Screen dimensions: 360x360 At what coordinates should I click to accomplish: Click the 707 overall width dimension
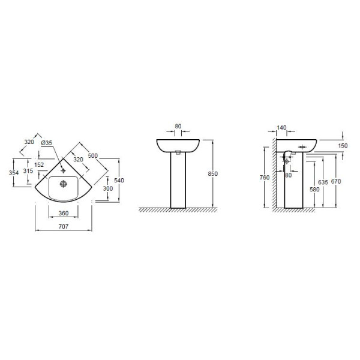[x=64, y=227]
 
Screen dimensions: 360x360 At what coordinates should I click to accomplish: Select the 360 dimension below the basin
[x=64, y=213]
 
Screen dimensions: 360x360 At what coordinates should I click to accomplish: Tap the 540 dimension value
[x=119, y=181]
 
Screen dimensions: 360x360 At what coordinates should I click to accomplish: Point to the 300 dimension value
[x=108, y=188]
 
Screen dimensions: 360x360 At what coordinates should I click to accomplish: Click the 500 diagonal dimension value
[x=93, y=155]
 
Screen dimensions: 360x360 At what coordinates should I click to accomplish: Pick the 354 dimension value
[x=14, y=173]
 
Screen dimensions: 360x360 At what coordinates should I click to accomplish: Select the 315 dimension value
[x=28, y=171]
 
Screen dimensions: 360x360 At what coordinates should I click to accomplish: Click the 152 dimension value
[x=39, y=164]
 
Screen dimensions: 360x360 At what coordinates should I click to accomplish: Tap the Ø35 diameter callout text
[x=47, y=143]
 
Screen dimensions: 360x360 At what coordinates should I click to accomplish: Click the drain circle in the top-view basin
[x=64, y=184]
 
